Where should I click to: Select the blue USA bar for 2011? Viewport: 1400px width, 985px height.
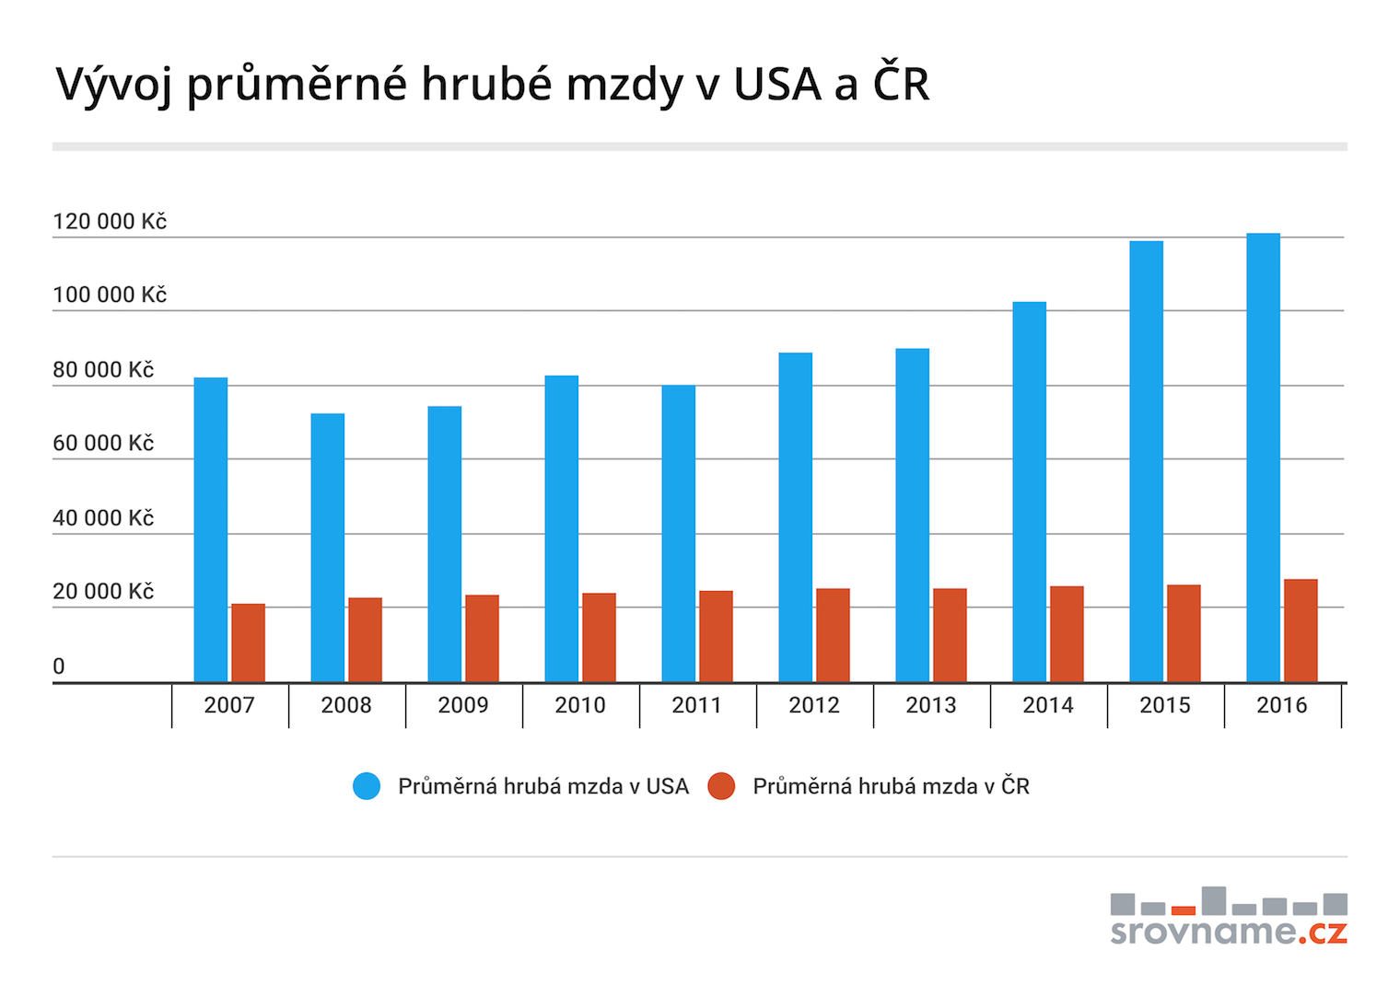(x=678, y=534)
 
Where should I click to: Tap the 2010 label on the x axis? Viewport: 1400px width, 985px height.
(x=580, y=705)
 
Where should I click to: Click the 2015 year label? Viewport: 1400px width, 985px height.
(x=1165, y=705)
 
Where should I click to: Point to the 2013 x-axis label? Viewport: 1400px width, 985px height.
(x=931, y=705)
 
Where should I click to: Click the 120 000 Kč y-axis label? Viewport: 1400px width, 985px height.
(x=110, y=221)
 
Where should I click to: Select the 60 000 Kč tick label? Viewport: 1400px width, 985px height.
(x=103, y=443)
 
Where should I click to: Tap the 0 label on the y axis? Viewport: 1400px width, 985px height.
(x=59, y=666)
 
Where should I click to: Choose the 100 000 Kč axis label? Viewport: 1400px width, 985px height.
(x=110, y=295)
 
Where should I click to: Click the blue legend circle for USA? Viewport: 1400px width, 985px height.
(x=367, y=786)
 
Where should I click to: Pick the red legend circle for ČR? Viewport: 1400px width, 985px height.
(x=721, y=786)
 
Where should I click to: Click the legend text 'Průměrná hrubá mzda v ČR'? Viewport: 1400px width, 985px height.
(x=891, y=786)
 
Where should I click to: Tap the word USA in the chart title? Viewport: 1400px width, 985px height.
(x=777, y=84)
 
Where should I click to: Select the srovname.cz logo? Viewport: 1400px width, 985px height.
(x=1229, y=918)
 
